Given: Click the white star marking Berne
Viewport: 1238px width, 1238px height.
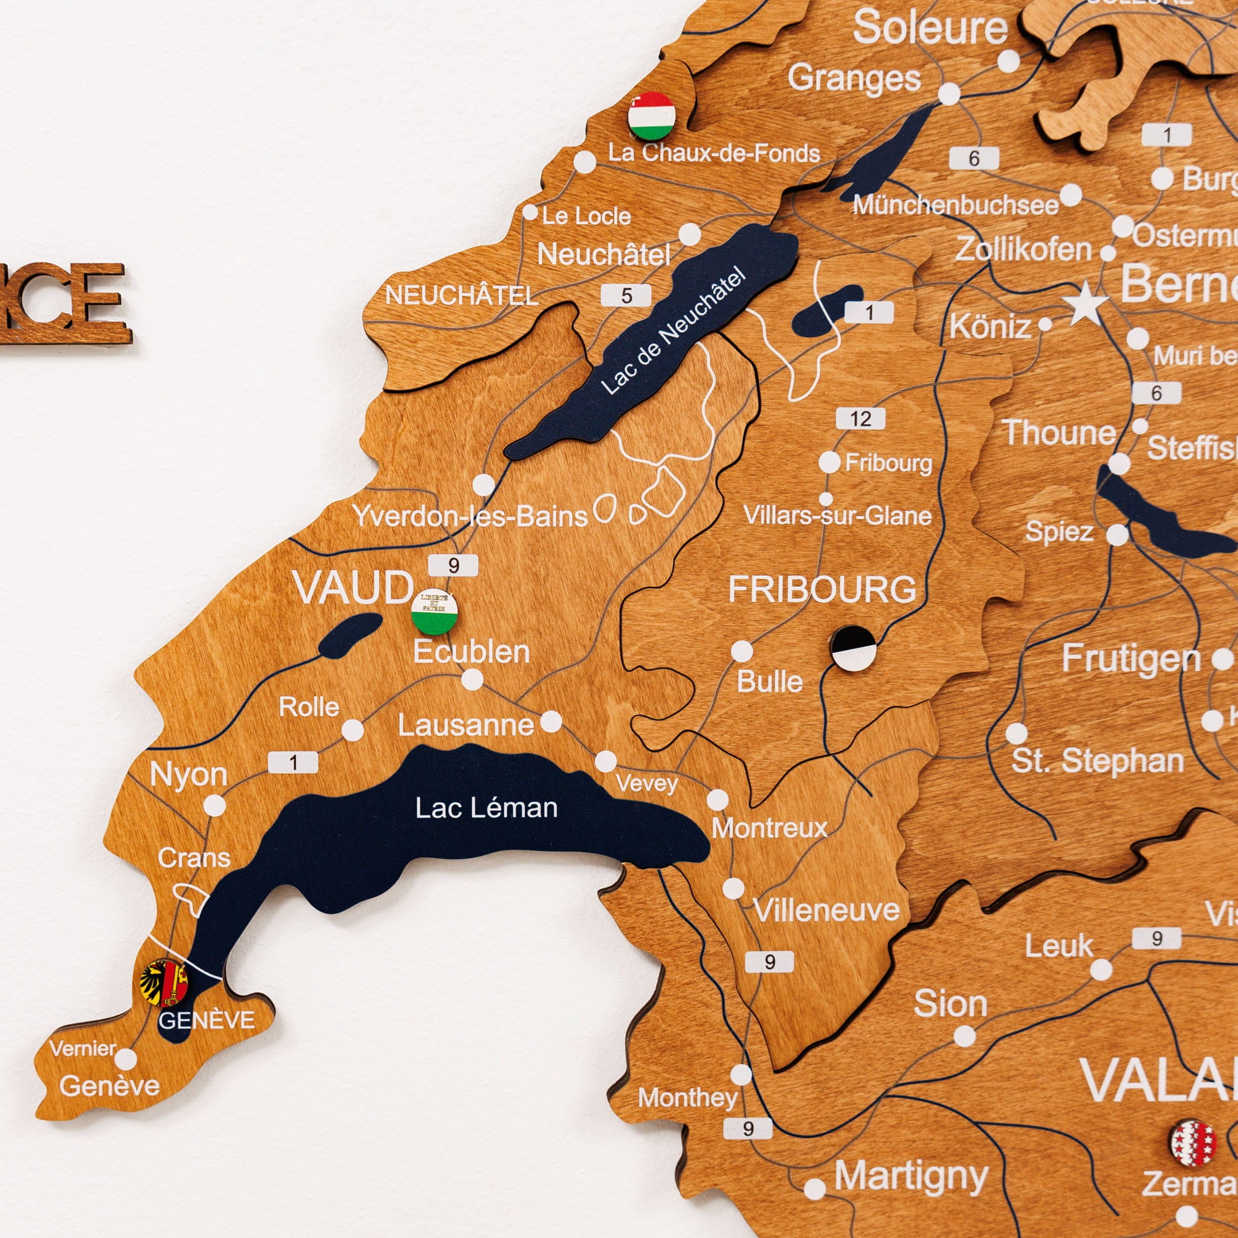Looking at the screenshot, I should (1086, 305).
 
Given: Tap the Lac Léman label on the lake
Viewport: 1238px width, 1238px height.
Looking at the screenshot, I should (486, 808).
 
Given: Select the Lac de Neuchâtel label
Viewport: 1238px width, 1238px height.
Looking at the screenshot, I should (673, 331).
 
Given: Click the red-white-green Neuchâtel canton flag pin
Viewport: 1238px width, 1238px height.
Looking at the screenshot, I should (652, 116).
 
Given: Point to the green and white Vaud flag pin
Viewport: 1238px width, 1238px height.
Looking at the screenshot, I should (435, 612).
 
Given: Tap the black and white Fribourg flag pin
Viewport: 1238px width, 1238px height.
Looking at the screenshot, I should (853, 649).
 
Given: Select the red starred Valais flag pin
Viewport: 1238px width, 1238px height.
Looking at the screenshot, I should (1193, 1143).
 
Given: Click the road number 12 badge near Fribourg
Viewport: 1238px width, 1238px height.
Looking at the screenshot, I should (860, 419).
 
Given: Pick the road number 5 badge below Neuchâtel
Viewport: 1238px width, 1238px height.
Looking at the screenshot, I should (626, 295).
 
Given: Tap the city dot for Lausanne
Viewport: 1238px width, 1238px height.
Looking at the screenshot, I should (551, 722).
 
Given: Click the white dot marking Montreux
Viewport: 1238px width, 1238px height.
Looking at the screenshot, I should (717, 800).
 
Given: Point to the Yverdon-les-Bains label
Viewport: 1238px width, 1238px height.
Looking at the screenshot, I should (470, 516).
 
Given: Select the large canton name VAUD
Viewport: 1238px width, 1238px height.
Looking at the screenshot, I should (353, 587).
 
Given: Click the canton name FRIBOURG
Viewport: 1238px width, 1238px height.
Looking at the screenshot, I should (822, 589).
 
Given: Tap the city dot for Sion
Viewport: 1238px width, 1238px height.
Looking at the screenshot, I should (964, 1036).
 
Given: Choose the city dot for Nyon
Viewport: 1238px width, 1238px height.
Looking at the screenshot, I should (215, 805).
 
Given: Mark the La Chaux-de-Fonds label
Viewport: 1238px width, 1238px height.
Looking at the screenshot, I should (714, 153).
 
